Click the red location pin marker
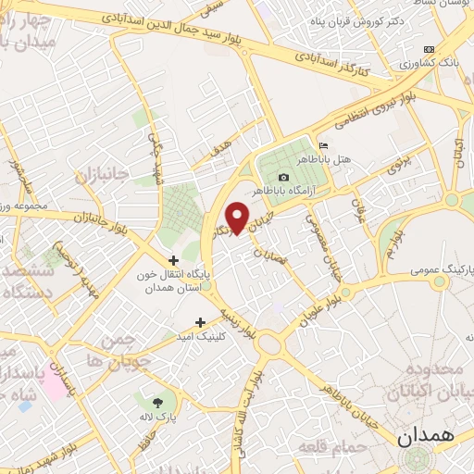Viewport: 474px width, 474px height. pos(238,218)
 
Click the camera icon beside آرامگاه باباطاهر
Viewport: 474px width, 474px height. pos(283,177)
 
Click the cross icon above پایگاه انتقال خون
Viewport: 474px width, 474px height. pos(173,260)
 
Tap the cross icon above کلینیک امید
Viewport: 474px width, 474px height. pos(201,322)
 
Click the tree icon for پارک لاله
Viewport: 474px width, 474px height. pos(156,402)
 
